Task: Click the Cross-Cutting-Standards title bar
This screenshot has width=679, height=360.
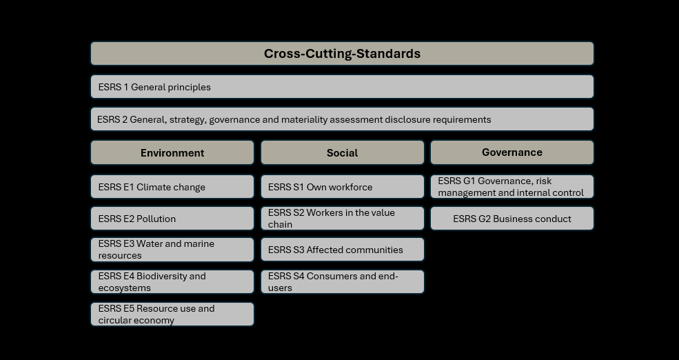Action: [342, 53]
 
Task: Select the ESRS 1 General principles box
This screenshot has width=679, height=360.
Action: [342, 87]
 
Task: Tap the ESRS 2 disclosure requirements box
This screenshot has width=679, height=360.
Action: [342, 119]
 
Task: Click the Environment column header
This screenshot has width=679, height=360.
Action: [172, 152]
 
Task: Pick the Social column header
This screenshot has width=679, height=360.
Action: [342, 152]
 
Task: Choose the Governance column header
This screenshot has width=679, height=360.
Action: [512, 152]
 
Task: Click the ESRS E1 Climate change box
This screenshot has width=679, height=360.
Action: [172, 187]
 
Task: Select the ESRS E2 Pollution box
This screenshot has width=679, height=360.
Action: [172, 219]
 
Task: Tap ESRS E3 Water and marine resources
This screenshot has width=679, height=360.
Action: [172, 250]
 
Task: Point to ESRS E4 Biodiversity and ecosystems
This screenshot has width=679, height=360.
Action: [172, 281]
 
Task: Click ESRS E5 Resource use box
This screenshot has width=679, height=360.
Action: [172, 314]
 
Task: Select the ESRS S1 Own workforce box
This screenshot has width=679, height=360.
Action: [342, 187]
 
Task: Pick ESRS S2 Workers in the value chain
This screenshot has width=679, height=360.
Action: [342, 219]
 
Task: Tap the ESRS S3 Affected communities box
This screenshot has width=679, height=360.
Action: [342, 250]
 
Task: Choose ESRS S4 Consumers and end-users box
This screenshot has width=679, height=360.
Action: [342, 281]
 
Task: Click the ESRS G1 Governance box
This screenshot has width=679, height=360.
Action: [512, 187]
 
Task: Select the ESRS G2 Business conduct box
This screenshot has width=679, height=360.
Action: [512, 219]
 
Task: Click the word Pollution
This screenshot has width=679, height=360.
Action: [156, 219]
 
